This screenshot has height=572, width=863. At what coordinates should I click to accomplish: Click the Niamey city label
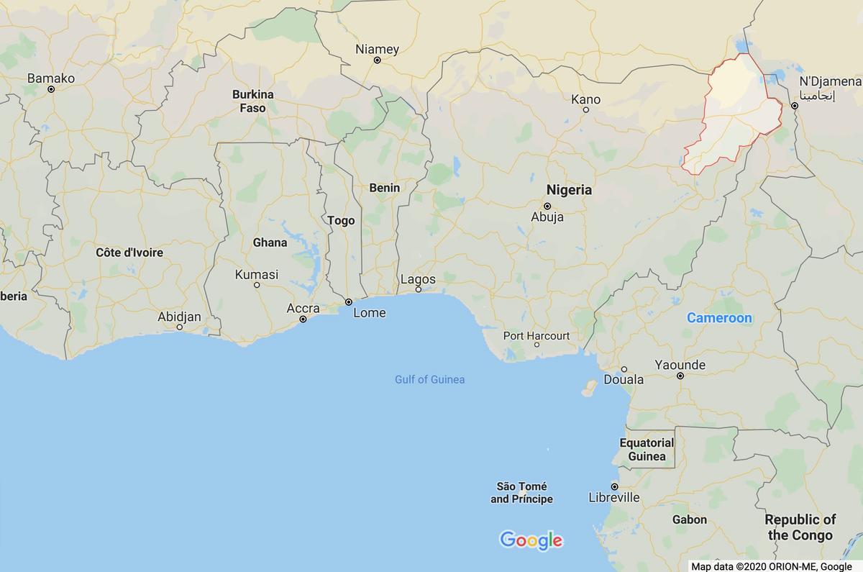pyautogui.click(x=377, y=49)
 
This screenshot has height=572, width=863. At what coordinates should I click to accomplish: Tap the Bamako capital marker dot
pyautogui.click(x=51, y=89)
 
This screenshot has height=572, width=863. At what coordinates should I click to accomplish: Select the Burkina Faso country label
pyautogui.click(x=253, y=101)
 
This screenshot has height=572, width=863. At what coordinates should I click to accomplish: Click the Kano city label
pyautogui.click(x=585, y=99)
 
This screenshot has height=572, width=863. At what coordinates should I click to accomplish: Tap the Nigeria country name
pyautogui.click(x=569, y=190)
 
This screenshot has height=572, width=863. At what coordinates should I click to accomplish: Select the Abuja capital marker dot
pyautogui.click(x=547, y=206)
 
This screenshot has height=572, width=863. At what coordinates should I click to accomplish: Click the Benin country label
pyautogui.click(x=384, y=188)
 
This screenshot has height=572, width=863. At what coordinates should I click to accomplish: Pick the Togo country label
pyautogui.click(x=341, y=220)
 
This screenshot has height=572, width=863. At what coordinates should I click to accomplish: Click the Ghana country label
pyautogui.click(x=270, y=242)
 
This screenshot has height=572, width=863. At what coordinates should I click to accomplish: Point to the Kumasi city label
pyautogui.click(x=257, y=274)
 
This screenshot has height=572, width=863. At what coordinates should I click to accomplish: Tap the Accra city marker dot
pyautogui.click(x=303, y=318)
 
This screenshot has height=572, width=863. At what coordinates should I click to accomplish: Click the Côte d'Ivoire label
pyautogui.click(x=129, y=253)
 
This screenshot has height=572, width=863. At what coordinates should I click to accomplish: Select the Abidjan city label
pyautogui.click(x=179, y=317)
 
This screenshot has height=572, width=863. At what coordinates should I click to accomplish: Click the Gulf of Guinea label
pyautogui.click(x=429, y=379)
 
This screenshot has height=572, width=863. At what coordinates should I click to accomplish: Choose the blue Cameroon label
pyautogui.click(x=719, y=317)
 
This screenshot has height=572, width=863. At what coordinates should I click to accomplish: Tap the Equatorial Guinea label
pyautogui.click(x=647, y=450)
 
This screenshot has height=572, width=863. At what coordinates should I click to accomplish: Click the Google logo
pyautogui.click(x=531, y=540)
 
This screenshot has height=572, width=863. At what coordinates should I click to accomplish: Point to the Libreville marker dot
pyautogui.click(x=614, y=486)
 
